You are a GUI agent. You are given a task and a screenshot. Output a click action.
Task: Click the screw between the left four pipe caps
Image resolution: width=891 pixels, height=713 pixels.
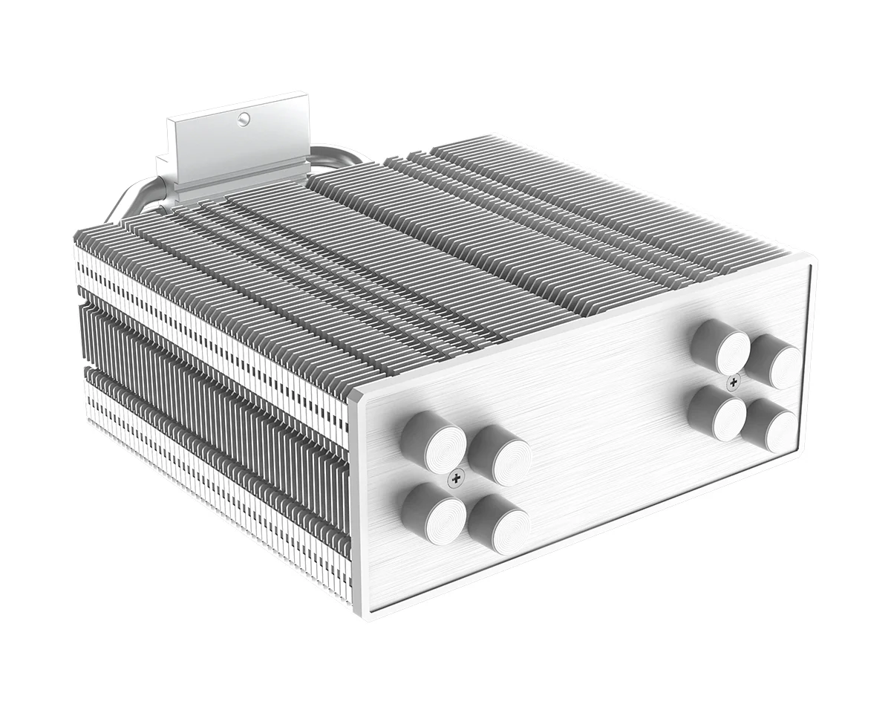point(454,480)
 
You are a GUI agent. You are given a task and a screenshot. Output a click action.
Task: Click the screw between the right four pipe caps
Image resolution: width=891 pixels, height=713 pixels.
point(734,382)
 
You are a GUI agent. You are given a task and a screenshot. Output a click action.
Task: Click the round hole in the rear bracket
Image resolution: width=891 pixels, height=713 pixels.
point(242,118)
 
